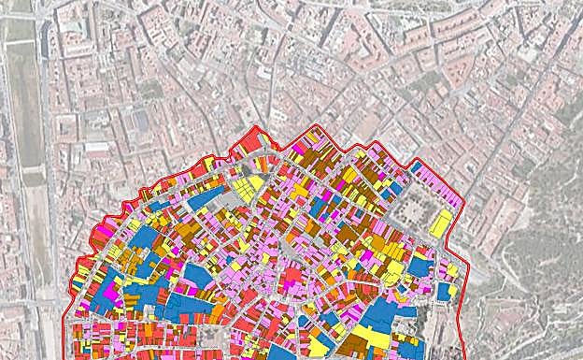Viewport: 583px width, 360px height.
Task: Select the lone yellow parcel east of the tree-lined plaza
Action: (440, 224)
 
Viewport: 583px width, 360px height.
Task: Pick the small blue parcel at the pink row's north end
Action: (415, 166)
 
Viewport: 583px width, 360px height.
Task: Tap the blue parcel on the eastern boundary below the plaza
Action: (445, 291)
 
